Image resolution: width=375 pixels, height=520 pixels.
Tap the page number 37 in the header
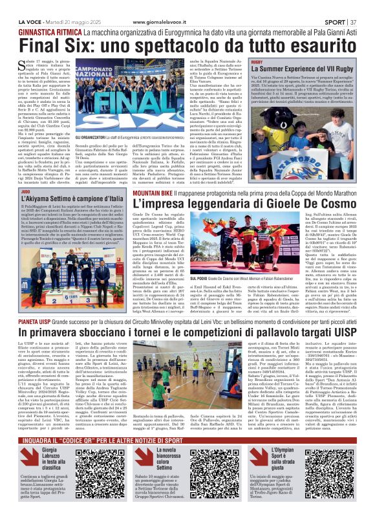(352, 6)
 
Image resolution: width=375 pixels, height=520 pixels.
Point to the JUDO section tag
(26, 191)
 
